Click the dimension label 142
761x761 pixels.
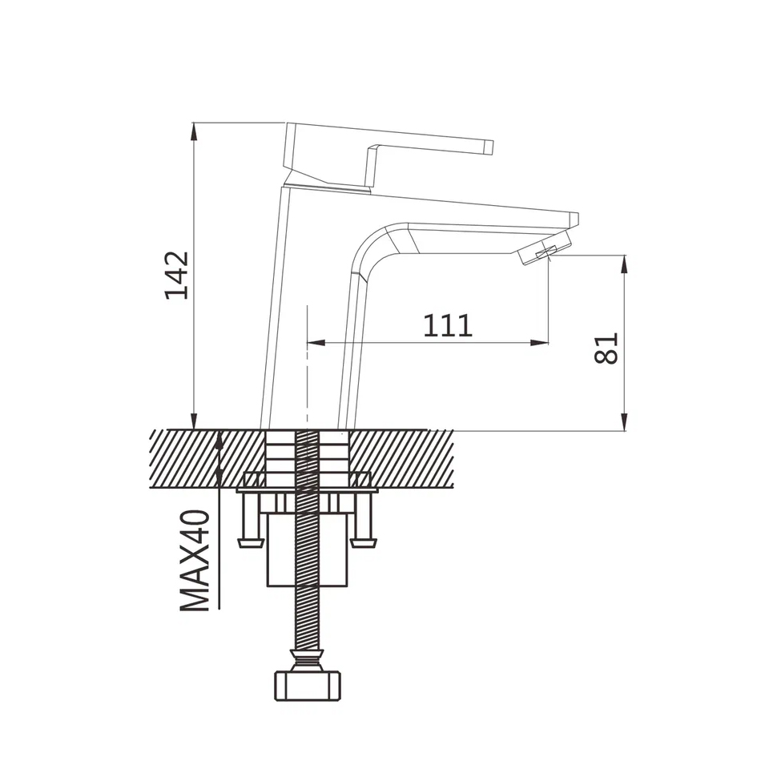pos(177,276)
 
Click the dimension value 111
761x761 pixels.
pos(448,326)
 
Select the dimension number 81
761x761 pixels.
pos(606,348)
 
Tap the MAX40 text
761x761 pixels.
pos(195,560)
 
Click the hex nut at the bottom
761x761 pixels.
pos(308,686)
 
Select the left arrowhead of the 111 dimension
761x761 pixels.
pos(316,343)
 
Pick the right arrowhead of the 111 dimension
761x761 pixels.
pos(540,343)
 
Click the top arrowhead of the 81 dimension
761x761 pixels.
pos(625,264)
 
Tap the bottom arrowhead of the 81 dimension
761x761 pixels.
pos(625,421)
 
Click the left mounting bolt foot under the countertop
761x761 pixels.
pos(250,542)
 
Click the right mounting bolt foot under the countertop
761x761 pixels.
pos(364,542)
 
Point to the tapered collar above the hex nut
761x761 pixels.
pos(308,659)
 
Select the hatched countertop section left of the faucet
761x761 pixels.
pos(207,459)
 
